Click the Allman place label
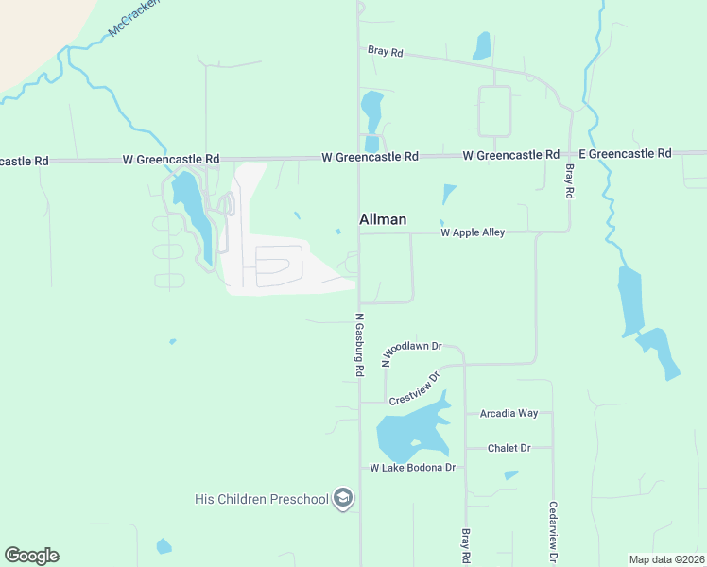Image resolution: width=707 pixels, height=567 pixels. (383, 219)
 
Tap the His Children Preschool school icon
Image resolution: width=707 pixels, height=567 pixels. (343, 498)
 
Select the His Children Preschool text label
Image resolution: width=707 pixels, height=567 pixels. (261, 498)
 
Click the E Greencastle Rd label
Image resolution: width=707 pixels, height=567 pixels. (625, 153)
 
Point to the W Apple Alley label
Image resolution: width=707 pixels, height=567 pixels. (473, 232)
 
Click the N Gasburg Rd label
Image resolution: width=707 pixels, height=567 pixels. (359, 346)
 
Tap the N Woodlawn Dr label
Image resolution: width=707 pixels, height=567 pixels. (411, 352)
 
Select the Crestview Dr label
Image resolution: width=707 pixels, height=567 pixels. (416, 388)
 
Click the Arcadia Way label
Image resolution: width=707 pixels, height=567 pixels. (509, 413)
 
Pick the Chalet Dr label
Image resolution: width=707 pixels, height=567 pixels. (509, 448)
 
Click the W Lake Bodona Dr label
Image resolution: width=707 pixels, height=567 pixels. (412, 468)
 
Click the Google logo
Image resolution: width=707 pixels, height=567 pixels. (31, 556)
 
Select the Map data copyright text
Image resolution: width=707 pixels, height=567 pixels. (666, 559)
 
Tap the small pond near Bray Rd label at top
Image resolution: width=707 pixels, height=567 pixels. (482, 45)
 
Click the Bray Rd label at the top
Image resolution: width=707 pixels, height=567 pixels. (385, 52)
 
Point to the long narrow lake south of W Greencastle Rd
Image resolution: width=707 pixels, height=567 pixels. (194, 215)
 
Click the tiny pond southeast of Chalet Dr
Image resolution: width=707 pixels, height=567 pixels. (511, 474)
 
